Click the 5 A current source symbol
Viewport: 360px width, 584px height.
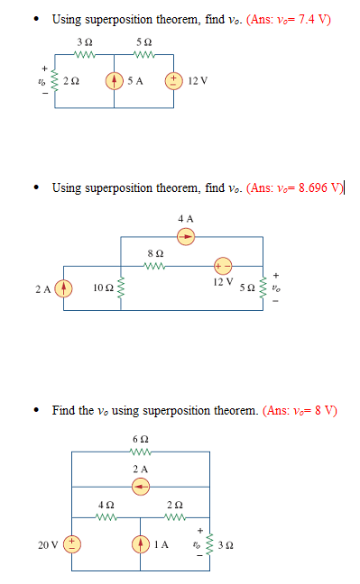[x=115, y=81]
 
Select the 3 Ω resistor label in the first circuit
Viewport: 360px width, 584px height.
[x=85, y=42]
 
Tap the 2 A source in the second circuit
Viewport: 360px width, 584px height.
[x=63, y=288]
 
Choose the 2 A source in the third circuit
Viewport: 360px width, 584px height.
[x=140, y=487]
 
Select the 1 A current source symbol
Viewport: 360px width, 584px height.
[x=140, y=544]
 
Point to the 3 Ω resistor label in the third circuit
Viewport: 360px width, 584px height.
[x=226, y=545]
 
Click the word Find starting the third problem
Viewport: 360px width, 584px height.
[x=64, y=410]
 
